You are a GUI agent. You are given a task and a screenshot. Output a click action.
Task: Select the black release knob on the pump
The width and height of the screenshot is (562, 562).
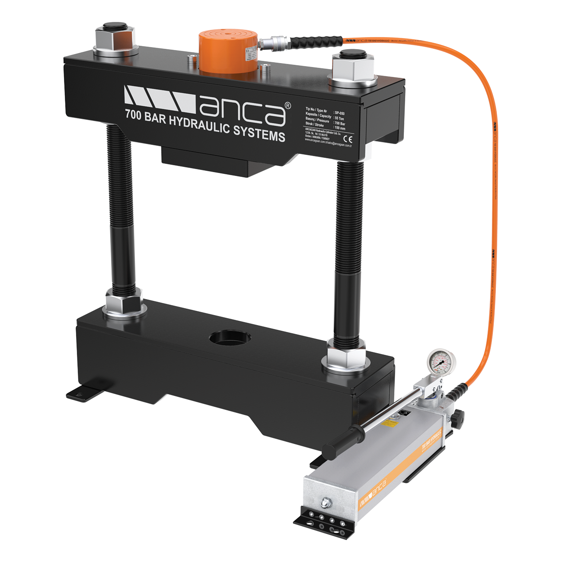click(x=459, y=417)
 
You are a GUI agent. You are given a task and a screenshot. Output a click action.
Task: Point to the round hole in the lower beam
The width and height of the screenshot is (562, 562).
click(x=227, y=338)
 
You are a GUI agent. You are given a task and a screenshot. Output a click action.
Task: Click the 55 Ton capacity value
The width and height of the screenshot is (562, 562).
click(x=340, y=118)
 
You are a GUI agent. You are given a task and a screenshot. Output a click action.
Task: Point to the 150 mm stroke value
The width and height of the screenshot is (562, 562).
click(x=340, y=128)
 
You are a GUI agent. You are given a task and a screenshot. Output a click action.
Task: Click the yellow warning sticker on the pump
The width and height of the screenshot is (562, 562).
click(x=392, y=422)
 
